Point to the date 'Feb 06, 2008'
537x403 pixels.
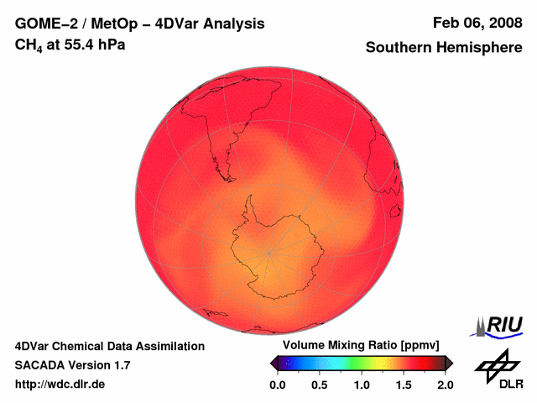point(477,24)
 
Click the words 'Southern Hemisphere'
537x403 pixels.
point(443,48)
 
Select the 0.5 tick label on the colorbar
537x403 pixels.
point(320,385)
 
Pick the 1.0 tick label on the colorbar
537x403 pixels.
point(362,385)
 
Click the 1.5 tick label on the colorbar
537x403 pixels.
point(404,385)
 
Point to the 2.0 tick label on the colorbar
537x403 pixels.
point(446,385)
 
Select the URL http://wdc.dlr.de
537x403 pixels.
point(60,385)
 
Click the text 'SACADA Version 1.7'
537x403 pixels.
point(72,365)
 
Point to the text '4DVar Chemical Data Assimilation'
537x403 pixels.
point(110,346)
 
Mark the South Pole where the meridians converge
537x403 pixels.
point(270,253)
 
